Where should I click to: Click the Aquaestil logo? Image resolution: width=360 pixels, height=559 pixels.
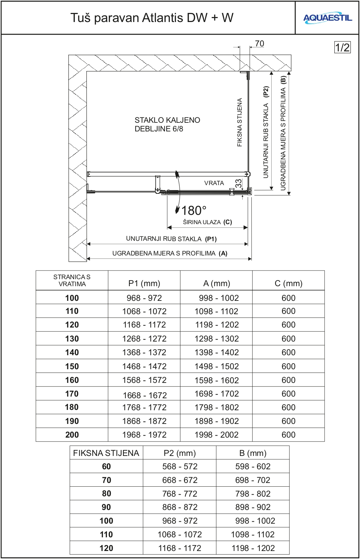click(327, 18)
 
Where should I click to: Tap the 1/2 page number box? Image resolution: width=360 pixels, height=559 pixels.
click(342, 47)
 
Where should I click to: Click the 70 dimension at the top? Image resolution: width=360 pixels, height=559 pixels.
click(259, 44)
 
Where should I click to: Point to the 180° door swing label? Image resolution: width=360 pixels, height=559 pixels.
click(194, 210)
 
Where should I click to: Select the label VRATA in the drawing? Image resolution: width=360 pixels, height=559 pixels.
click(214, 183)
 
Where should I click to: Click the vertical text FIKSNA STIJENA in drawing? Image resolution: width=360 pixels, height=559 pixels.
click(240, 122)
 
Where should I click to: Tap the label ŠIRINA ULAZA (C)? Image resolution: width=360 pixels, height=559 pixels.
click(207, 222)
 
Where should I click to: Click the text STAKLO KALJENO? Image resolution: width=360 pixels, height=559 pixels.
click(167, 120)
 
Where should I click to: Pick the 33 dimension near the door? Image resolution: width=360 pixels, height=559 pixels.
click(238, 183)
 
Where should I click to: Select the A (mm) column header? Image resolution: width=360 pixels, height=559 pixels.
click(217, 283)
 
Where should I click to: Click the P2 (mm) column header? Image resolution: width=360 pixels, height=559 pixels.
click(180, 453)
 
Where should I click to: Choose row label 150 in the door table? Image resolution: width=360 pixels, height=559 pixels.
click(72, 366)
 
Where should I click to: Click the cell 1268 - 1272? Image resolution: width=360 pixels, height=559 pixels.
click(144, 339)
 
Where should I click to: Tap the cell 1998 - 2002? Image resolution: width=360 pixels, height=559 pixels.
click(217, 435)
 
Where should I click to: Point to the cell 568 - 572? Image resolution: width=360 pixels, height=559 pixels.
click(180, 466)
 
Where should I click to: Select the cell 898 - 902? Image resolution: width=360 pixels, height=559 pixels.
click(253, 507)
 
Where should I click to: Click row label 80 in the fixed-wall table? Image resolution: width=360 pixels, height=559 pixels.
click(106, 494)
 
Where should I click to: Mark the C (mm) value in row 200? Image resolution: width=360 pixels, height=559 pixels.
click(288, 435)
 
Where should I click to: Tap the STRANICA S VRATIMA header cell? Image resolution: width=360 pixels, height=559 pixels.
click(72, 281)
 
